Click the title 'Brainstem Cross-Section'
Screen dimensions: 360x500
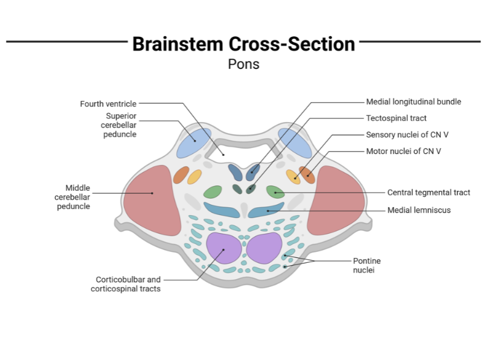point(243,44)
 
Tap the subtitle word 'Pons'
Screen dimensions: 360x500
point(243,63)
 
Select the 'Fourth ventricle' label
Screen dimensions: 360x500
point(108,104)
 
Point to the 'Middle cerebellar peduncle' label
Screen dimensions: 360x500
point(72,197)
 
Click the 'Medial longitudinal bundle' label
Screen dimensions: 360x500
point(413,102)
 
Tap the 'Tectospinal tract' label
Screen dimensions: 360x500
point(396,118)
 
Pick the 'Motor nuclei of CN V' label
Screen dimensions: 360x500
point(403,151)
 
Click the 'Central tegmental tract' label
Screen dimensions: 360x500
point(428,193)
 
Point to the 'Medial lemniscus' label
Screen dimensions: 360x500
point(418,210)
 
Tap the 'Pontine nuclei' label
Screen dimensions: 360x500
point(367,266)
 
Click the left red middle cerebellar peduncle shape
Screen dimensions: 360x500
point(153,200)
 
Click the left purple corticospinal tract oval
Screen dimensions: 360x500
point(223,248)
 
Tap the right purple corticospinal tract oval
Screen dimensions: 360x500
point(264,248)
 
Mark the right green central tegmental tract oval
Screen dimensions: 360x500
point(275,193)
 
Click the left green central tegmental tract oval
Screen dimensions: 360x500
point(213,193)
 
